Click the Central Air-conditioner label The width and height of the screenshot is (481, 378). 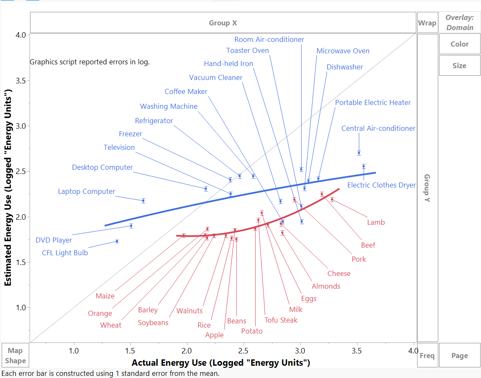(378, 128)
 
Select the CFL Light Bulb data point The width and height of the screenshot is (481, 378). (117, 241)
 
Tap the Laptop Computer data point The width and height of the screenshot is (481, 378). (143, 201)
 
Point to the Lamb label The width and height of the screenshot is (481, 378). (376, 222)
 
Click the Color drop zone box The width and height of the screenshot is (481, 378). (459, 44)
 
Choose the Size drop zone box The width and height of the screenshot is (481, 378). (459, 66)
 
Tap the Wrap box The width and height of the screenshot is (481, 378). (427, 23)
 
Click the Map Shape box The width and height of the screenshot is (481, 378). (16, 356)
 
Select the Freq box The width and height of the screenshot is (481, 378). (427, 356)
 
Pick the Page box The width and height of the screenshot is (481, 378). (459, 356)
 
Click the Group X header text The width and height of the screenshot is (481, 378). (223, 23)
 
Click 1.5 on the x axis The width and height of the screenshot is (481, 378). (130, 350)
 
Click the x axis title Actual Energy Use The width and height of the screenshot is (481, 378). (221, 363)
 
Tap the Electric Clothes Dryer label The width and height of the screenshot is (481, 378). (381, 185)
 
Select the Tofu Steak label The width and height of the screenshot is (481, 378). (281, 320)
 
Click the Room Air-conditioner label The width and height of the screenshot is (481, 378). (269, 39)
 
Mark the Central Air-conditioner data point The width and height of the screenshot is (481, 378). (359, 153)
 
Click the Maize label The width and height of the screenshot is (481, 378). (105, 296)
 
